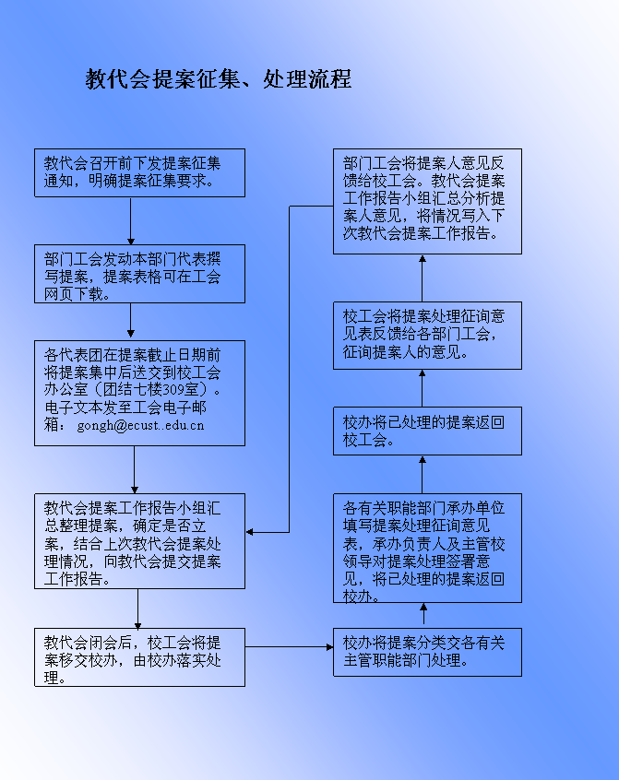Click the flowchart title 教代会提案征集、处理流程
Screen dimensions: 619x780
(x=219, y=79)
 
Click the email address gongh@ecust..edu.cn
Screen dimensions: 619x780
(x=140, y=426)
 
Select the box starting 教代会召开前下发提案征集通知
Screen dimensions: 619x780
(x=140, y=172)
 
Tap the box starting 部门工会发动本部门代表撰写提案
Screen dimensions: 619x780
(x=140, y=274)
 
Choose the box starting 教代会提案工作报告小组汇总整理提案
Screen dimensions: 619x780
(x=140, y=541)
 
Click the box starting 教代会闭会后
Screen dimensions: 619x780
(x=140, y=657)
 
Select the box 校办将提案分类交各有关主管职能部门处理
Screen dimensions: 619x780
(x=427, y=652)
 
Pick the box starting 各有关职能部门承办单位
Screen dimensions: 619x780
(x=427, y=549)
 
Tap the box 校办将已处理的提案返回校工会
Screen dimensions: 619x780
(x=427, y=431)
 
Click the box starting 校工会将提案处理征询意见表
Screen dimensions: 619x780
(x=427, y=336)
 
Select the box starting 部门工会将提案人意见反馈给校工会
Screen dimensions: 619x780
(x=427, y=202)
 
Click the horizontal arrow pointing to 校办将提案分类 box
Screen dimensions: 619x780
(x=289, y=647)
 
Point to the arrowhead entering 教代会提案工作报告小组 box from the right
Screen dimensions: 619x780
(x=249, y=532)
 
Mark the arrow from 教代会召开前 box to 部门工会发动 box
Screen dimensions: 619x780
(x=131, y=221)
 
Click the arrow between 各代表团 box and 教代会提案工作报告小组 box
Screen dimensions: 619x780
(x=135, y=470)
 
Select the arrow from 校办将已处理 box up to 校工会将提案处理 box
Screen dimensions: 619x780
(x=423, y=388)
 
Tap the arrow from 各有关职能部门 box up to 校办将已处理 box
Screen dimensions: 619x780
(x=423, y=475)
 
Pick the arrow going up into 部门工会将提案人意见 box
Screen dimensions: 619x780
(x=423, y=278)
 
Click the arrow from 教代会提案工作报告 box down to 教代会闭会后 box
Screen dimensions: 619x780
(x=137, y=609)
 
